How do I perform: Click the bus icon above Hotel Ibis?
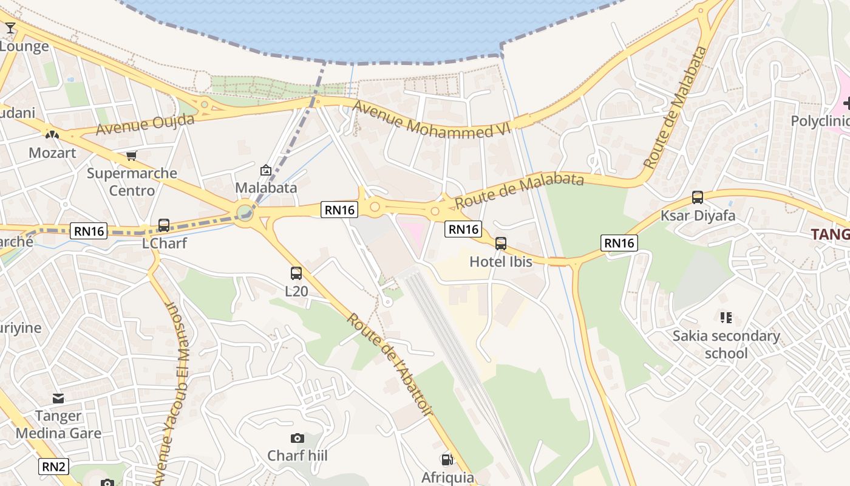pyautogui.click(x=501, y=244)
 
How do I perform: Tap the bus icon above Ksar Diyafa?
pyautogui.click(x=698, y=197)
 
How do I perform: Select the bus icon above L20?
pyautogui.click(x=296, y=273)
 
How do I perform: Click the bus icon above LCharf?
pyautogui.click(x=164, y=225)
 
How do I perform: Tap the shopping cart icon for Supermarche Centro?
pyautogui.click(x=132, y=156)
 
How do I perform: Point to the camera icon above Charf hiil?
pyautogui.click(x=297, y=438)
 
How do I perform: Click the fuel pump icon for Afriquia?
pyautogui.click(x=447, y=460)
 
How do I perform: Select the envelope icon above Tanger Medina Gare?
pyautogui.click(x=58, y=399)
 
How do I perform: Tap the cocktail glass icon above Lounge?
pyautogui.click(x=10, y=28)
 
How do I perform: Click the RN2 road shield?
pyautogui.click(x=54, y=467)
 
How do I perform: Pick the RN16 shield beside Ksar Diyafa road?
pyautogui.click(x=619, y=243)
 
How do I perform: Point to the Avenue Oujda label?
pyautogui.click(x=145, y=124)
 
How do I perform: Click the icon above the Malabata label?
pyautogui.click(x=265, y=170)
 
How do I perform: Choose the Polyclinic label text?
pyautogui.click(x=820, y=121)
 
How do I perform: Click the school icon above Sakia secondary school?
pyautogui.click(x=726, y=317)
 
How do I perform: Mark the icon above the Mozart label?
pyautogui.click(x=52, y=134)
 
